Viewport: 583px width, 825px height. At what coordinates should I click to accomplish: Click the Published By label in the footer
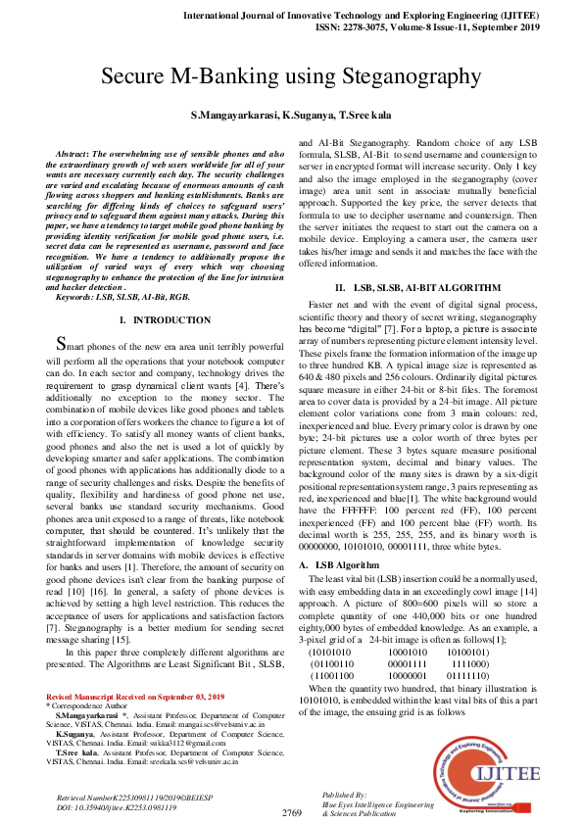click(344, 795)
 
